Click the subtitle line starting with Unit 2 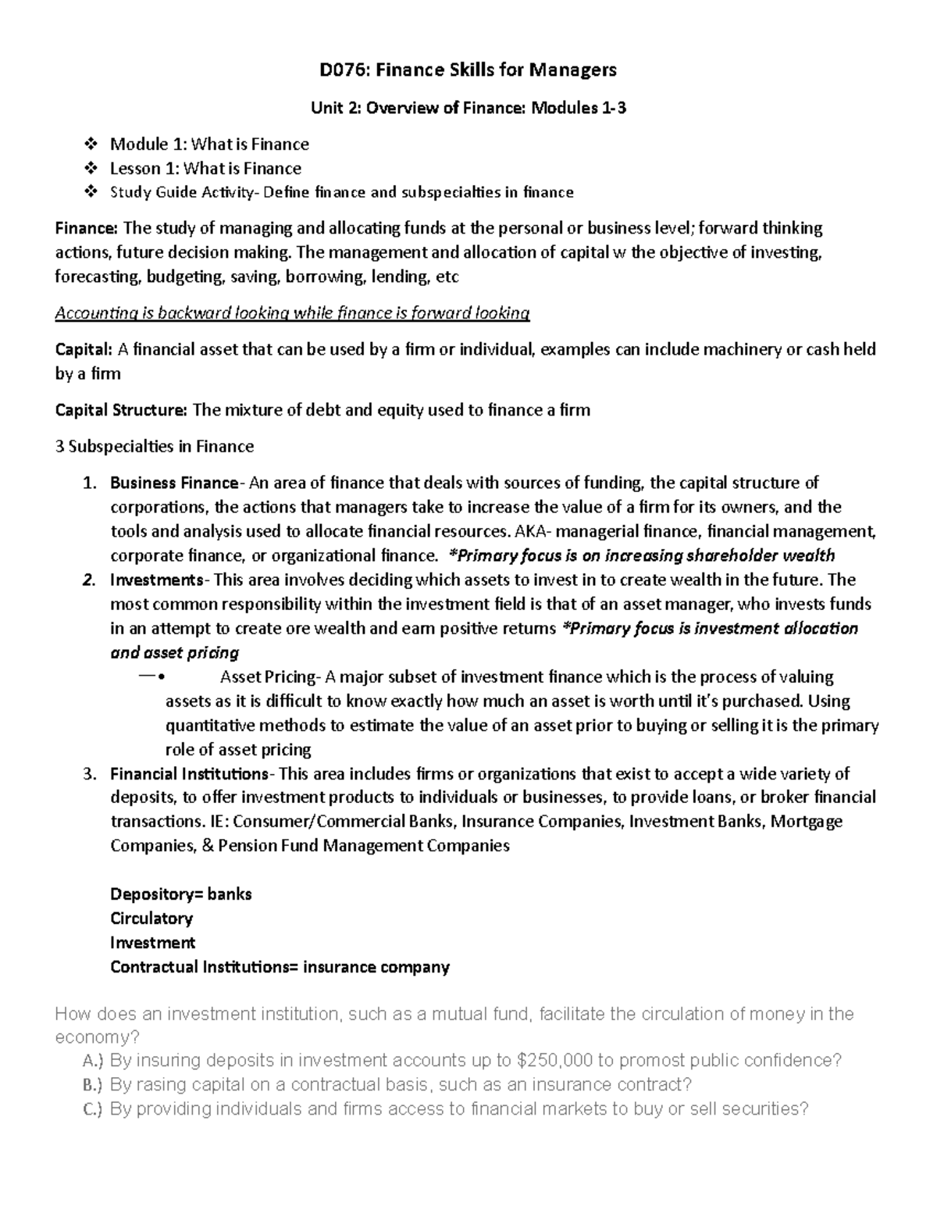coord(468,109)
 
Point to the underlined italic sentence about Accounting coord(292,313)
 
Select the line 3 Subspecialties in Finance coord(154,447)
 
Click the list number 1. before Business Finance coord(90,483)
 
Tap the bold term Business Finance coord(173,483)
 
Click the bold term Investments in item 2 coord(156,580)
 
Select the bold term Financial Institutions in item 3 coord(189,774)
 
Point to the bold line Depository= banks coord(180,894)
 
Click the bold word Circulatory coord(151,919)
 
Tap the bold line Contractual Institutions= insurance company coord(280,967)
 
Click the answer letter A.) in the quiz coord(92,1061)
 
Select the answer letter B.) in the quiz coord(92,1085)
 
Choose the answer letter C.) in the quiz coord(92,1109)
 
